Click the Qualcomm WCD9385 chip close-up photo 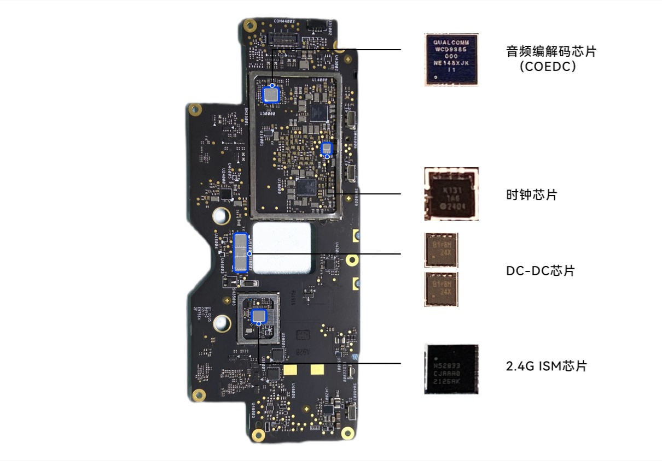click(x=451, y=59)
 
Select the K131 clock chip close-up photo click(x=451, y=194)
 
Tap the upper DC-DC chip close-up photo click(x=441, y=250)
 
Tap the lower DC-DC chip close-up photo click(x=441, y=288)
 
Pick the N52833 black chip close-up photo click(x=451, y=369)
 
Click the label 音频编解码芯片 click(x=550, y=52)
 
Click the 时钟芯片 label click(x=531, y=194)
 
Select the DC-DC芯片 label click(x=540, y=270)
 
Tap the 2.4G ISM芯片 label click(x=546, y=366)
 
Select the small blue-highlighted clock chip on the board click(x=327, y=148)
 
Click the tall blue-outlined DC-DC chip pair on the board click(x=242, y=252)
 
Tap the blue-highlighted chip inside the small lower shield click(x=258, y=316)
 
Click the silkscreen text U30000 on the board click(x=267, y=113)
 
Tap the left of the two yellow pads click(x=291, y=370)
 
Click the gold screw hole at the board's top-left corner click(x=250, y=24)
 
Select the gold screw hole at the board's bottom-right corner click(x=346, y=434)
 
